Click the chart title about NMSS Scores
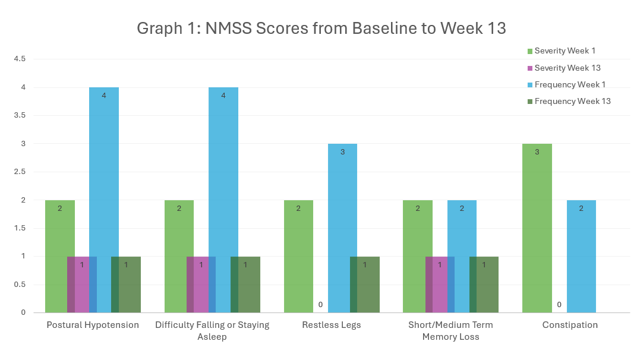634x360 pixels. (x=321, y=28)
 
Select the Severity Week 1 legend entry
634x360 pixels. (x=564, y=50)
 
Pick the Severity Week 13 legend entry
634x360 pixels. (x=567, y=68)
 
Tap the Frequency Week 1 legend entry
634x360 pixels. (x=569, y=84)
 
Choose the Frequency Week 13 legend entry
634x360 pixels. (x=572, y=101)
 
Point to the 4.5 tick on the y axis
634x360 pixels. (x=20, y=59)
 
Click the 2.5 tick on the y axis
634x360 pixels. (x=20, y=172)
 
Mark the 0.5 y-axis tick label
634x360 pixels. (x=20, y=284)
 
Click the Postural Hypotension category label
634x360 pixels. (x=93, y=325)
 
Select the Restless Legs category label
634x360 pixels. (x=331, y=325)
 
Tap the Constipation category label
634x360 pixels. (x=570, y=325)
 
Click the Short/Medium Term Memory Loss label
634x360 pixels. (x=450, y=331)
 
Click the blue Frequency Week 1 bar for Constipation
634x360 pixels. (x=581, y=256)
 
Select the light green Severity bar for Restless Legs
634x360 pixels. (x=298, y=256)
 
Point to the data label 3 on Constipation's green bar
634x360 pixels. (x=537, y=152)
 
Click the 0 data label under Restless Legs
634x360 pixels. (x=320, y=305)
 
